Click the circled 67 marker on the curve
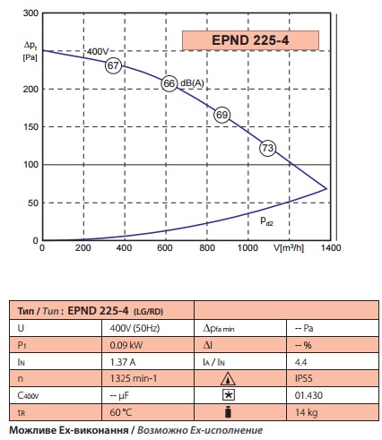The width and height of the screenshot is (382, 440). (113, 65)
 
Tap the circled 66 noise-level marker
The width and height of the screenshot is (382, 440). (169, 83)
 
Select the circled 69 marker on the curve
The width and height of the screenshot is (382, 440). (221, 115)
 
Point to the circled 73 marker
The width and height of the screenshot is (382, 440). (267, 148)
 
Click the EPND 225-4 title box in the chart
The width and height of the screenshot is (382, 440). (250, 40)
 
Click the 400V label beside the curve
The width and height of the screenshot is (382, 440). (98, 51)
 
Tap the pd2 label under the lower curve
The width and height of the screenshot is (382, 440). (266, 220)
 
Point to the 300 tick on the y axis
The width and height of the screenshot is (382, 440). (30, 13)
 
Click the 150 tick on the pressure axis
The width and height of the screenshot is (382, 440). (30, 126)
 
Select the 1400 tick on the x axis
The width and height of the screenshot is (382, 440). (331, 247)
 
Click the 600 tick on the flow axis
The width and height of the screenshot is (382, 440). (165, 247)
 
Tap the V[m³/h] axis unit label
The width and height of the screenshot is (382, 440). (289, 247)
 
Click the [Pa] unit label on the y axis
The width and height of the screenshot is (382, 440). (30, 57)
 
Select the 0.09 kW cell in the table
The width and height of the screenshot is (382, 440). (126, 345)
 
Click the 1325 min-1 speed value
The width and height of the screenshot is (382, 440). (134, 378)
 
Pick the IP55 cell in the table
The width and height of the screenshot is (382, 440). (303, 378)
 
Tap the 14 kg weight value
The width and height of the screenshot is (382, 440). (307, 412)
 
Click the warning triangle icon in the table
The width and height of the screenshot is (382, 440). (228, 378)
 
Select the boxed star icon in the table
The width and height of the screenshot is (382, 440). (229, 395)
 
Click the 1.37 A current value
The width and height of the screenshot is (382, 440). (123, 362)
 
